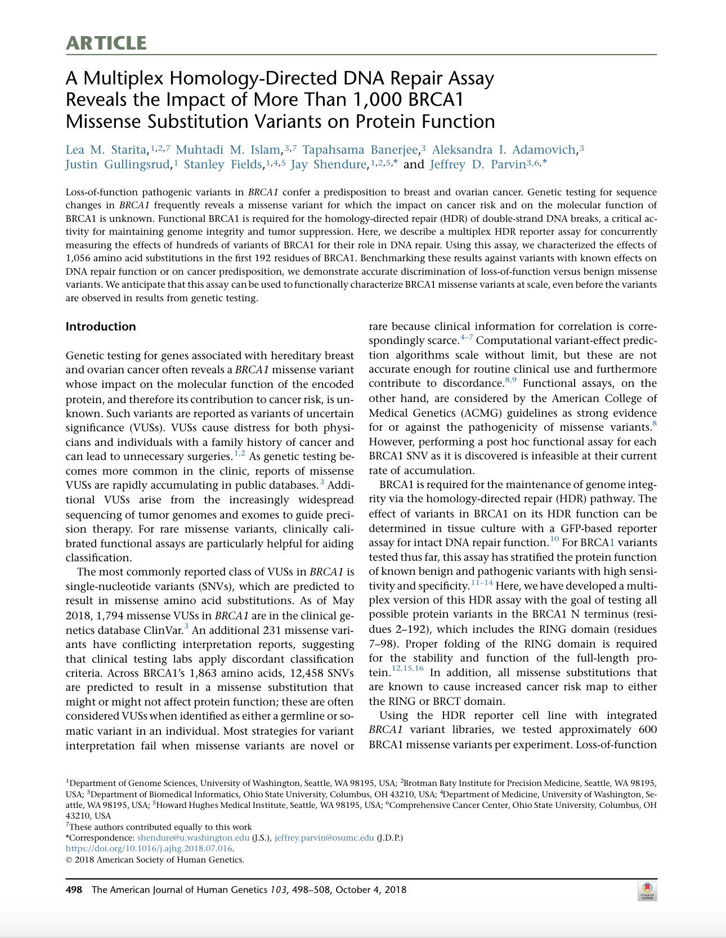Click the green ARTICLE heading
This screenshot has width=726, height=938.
pyautogui.click(x=106, y=43)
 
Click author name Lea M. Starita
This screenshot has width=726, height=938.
pyautogui.click(x=106, y=150)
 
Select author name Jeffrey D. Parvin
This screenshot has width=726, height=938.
pyautogui.click(x=477, y=164)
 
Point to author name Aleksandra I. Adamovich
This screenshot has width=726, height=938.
pyautogui.click(x=504, y=150)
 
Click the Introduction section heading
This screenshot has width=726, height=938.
pyautogui.click(x=101, y=327)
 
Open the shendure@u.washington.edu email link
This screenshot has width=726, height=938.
pyautogui.click(x=193, y=838)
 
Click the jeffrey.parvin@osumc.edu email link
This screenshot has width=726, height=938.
pyautogui.click(x=324, y=838)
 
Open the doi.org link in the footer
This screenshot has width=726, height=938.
pyautogui.click(x=149, y=848)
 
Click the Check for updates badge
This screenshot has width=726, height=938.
pyautogui.click(x=647, y=891)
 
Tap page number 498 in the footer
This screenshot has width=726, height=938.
pyautogui.click(x=74, y=890)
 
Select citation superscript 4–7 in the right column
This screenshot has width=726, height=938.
pyautogui.click(x=467, y=338)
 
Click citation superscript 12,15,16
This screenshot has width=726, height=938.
pyautogui.click(x=407, y=668)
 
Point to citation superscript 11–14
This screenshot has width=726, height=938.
pyautogui.click(x=481, y=583)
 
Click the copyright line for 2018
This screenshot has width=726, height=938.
pyautogui.click(x=155, y=860)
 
